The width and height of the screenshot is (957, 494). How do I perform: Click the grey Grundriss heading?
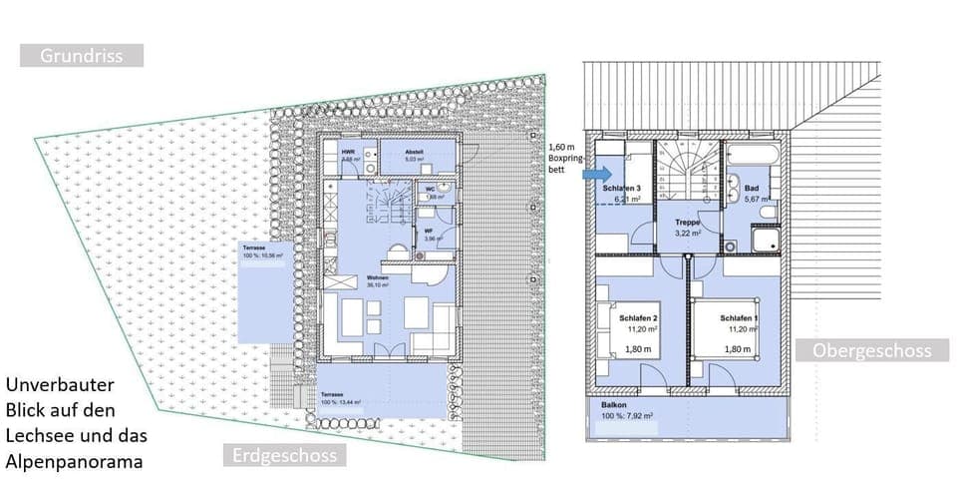click(82, 56)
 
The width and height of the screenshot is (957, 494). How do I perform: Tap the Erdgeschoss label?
click(284, 456)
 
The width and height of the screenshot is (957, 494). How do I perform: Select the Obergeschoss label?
click(871, 350)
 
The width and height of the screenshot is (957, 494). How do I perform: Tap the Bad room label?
click(751, 188)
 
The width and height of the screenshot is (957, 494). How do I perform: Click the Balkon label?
click(614, 405)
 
